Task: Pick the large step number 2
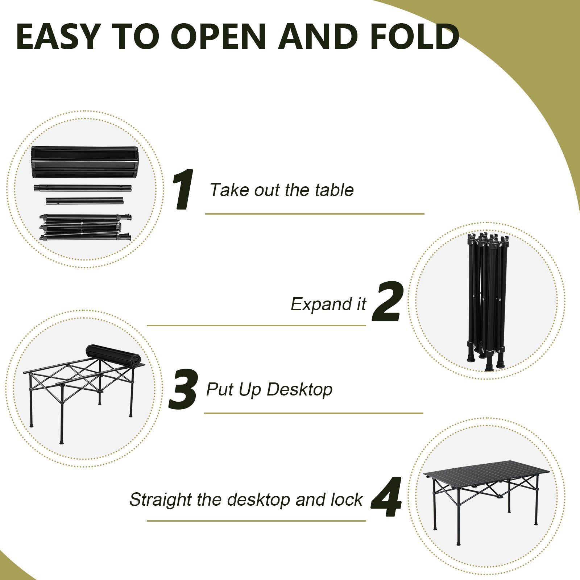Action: [388, 302]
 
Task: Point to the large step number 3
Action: [183, 390]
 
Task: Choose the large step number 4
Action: [387, 497]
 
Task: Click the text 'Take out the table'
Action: [282, 190]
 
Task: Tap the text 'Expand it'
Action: [328, 304]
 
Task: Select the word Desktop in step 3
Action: [299, 390]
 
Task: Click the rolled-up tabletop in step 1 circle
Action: [84, 162]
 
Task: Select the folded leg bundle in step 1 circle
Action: [85, 228]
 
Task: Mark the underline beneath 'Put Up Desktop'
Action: [314, 413]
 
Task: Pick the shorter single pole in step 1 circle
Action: [84, 200]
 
